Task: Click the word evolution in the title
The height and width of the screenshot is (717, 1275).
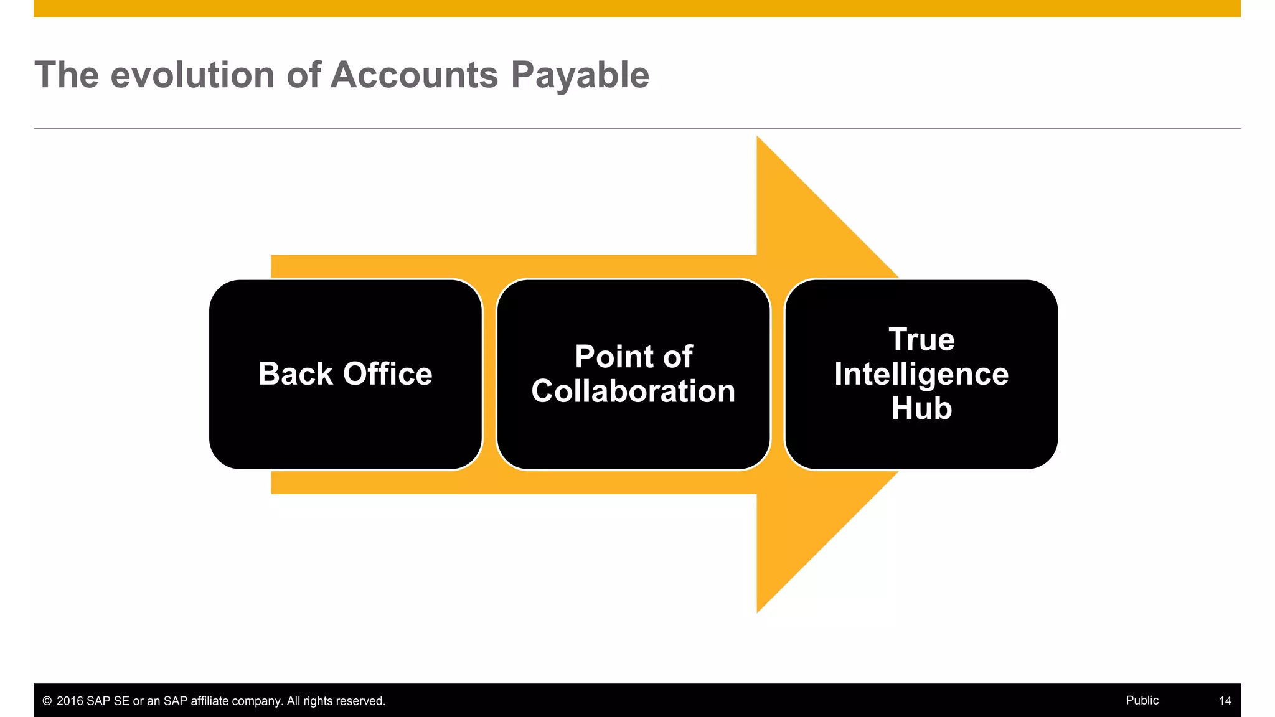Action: tap(192, 75)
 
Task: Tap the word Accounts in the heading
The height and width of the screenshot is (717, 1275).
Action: tap(414, 75)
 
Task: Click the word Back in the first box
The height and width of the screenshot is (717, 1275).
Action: tap(295, 374)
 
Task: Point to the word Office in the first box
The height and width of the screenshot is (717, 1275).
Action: tap(387, 374)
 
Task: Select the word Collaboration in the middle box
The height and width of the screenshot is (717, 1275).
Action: tap(633, 391)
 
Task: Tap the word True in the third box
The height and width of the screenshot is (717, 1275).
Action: tap(921, 340)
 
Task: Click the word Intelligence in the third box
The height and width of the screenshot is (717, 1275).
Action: tap(921, 375)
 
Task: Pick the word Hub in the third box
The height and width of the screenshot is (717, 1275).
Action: tap(921, 409)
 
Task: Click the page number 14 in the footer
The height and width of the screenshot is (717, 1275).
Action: tap(1225, 701)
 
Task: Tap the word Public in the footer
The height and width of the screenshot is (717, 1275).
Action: tap(1142, 700)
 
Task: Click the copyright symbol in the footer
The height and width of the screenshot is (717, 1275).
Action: tap(47, 701)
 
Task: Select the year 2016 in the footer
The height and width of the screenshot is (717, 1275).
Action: tap(70, 701)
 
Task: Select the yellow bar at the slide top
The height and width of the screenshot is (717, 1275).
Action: tap(637, 8)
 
